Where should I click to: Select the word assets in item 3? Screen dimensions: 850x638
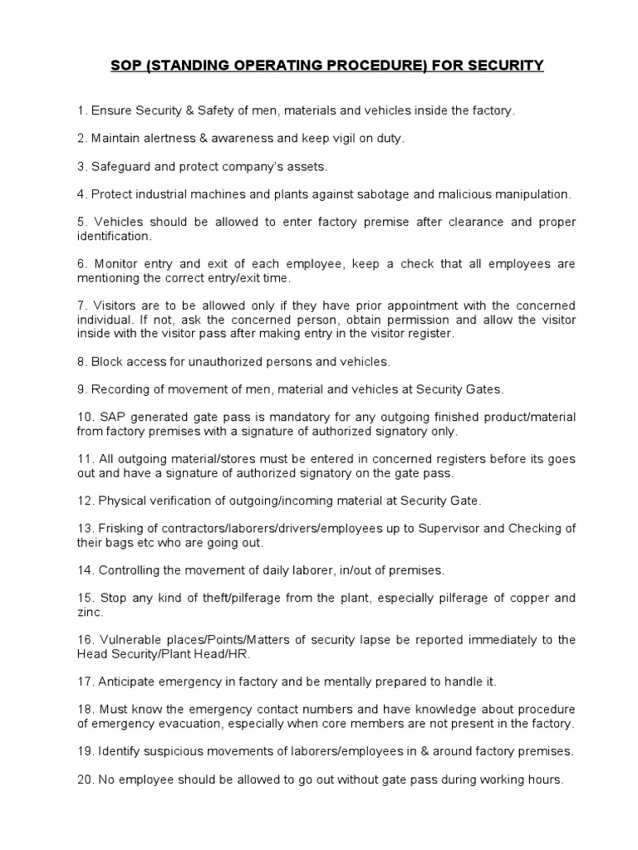point(307,167)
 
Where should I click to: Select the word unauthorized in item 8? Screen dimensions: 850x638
point(209,361)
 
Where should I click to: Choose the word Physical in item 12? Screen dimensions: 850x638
point(122,501)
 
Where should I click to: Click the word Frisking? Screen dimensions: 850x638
point(123,529)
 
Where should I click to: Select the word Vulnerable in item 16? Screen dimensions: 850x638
point(132,640)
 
